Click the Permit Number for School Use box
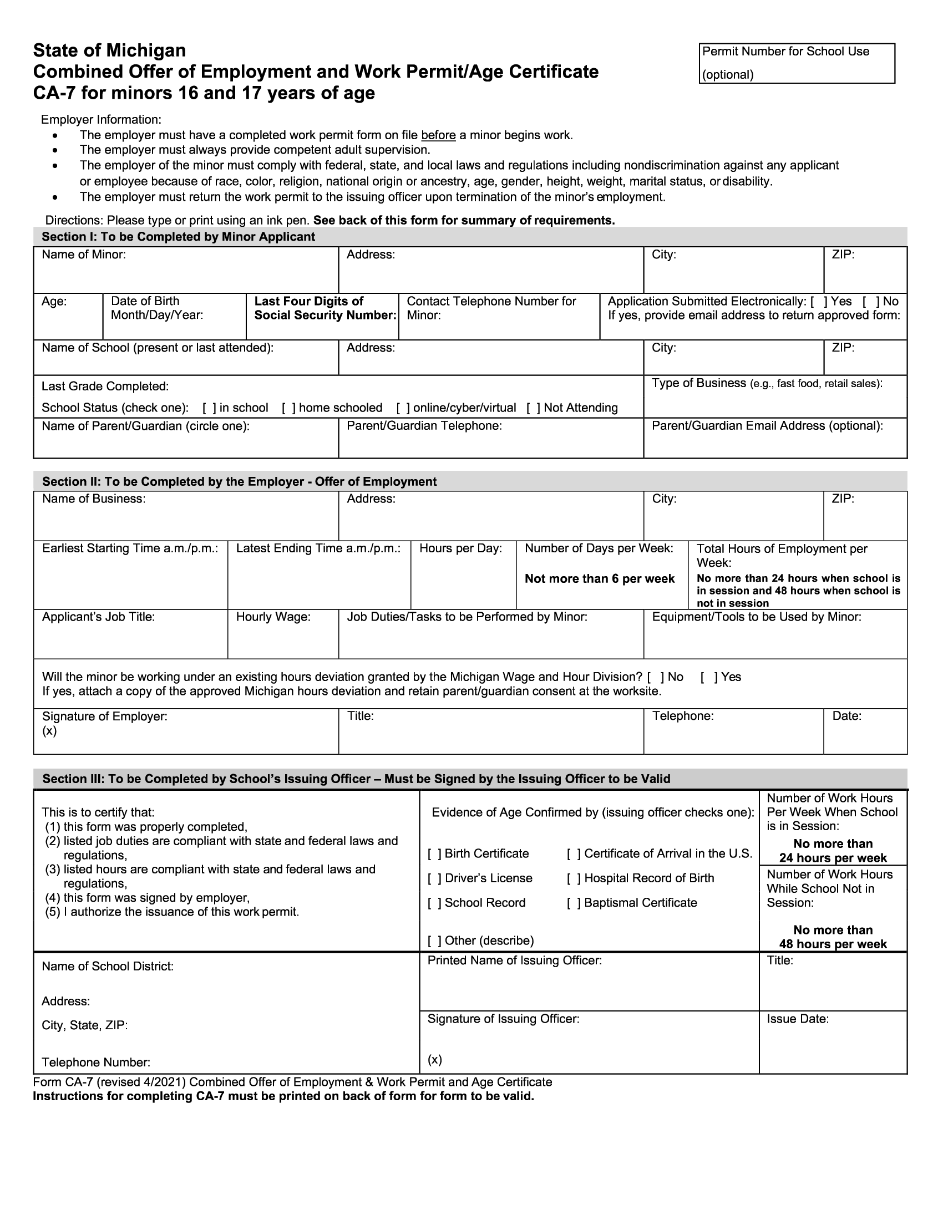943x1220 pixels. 796,63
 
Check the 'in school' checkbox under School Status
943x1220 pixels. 210,408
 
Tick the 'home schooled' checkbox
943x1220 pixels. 289,408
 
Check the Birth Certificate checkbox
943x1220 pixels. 435,853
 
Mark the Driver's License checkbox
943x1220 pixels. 435,878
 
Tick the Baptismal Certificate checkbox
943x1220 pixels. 574,903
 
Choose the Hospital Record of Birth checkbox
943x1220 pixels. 574,878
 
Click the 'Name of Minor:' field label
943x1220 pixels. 84,255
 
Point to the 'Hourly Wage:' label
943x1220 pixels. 273,617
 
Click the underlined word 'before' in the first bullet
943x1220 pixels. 438,135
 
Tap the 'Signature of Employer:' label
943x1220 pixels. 104,716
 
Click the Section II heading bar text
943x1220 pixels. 240,481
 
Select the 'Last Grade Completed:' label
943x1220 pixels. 105,387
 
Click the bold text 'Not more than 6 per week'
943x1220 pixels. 600,579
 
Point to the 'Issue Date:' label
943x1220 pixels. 797,1019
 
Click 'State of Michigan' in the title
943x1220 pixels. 109,50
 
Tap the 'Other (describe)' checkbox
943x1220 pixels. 435,941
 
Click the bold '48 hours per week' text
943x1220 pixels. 833,944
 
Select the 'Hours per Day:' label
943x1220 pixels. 460,548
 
